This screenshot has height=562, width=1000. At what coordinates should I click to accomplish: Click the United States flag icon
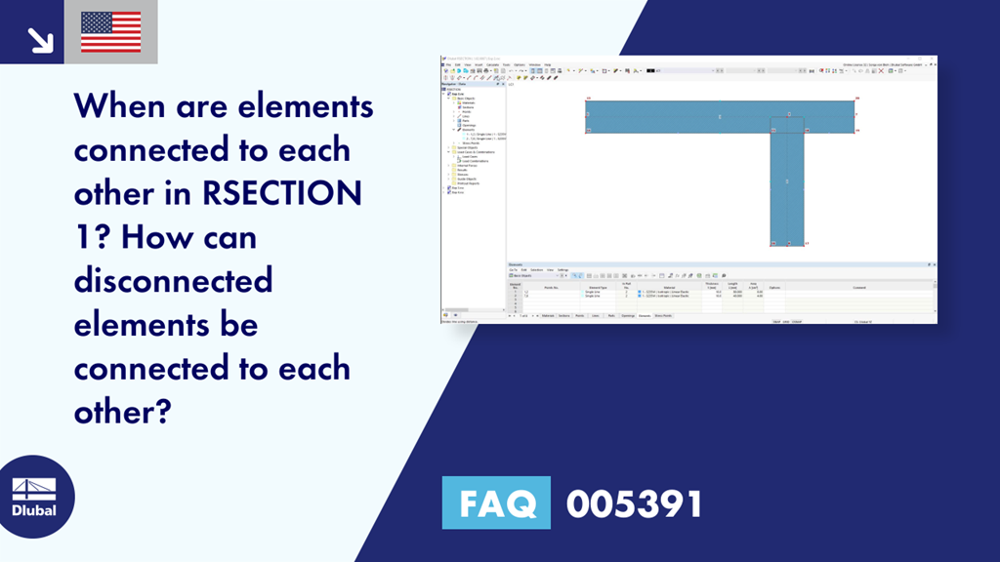pos(110,32)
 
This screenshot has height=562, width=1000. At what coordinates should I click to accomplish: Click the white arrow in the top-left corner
pos(40,39)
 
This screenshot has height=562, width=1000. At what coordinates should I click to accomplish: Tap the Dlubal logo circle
pos(33,496)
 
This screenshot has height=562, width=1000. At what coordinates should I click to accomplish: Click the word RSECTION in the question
pos(283,193)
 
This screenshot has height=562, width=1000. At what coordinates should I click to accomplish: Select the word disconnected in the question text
pos(173,281)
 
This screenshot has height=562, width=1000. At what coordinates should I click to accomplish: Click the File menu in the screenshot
pos(448,64)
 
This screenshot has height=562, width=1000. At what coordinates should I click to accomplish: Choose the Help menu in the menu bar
pos(547,64)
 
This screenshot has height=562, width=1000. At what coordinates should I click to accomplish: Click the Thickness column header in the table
pos(711,285)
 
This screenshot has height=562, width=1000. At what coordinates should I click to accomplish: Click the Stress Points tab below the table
pos(663,316)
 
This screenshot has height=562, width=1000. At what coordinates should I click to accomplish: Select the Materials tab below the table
pos(548,316)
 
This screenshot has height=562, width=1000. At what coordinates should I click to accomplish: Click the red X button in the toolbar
pos(881,70)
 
